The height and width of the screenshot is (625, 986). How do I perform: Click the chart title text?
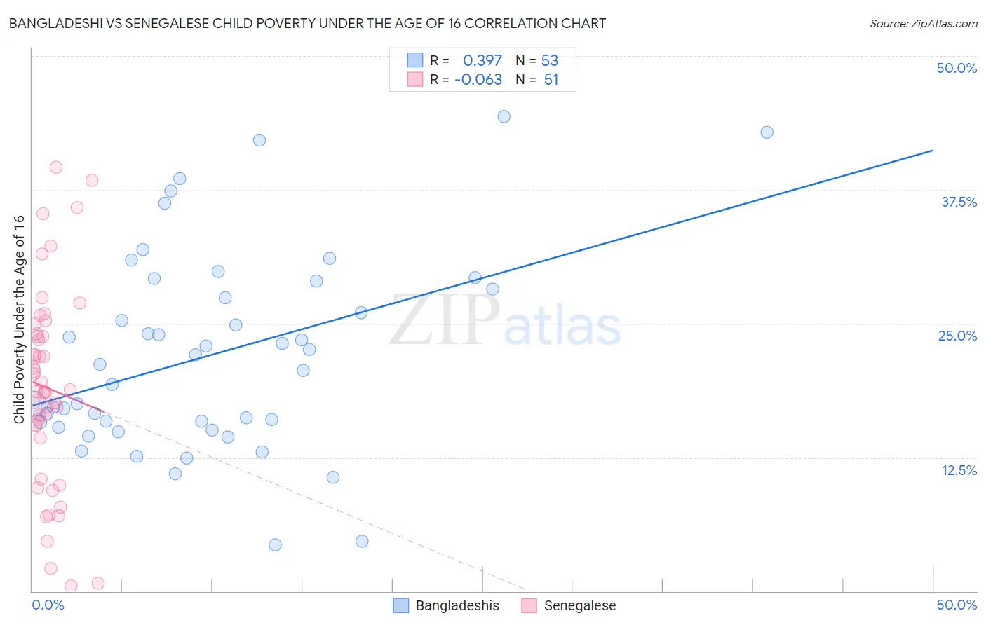[x=307, y=23]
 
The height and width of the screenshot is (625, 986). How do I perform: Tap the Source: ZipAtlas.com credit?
[x=923, y=23]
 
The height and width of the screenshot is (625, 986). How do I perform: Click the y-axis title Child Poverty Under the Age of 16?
[x=19, y=320]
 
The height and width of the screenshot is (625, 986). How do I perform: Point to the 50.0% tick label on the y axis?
[x=957, y=68]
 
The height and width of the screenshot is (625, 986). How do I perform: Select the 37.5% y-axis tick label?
[x=959, y=202]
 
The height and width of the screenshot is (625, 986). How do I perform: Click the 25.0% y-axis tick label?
[x=957, y=336]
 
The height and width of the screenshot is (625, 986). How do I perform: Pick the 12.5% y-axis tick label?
[x=959, y=470]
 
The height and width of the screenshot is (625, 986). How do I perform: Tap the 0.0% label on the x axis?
[x=48, y=605]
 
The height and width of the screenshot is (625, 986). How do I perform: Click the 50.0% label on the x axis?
[x=957, y=605]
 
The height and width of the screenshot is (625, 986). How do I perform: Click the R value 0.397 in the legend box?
[x=482, y=60]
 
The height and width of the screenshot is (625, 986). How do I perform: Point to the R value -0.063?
[x=478, y=80]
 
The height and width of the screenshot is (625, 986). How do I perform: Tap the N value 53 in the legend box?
[x=550, y=60]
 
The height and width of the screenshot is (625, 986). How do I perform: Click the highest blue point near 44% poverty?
[x=504, y=116]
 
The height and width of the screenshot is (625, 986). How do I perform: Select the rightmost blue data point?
[x=766, y=132]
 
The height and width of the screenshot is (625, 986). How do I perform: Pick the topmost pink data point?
[x=56, y=167]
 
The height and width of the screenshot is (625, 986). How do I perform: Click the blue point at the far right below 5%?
[x=362, y=541]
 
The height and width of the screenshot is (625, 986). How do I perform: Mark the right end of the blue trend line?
[x=933, y=150]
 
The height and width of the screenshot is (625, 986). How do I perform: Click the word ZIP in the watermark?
[x=444, y=320]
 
